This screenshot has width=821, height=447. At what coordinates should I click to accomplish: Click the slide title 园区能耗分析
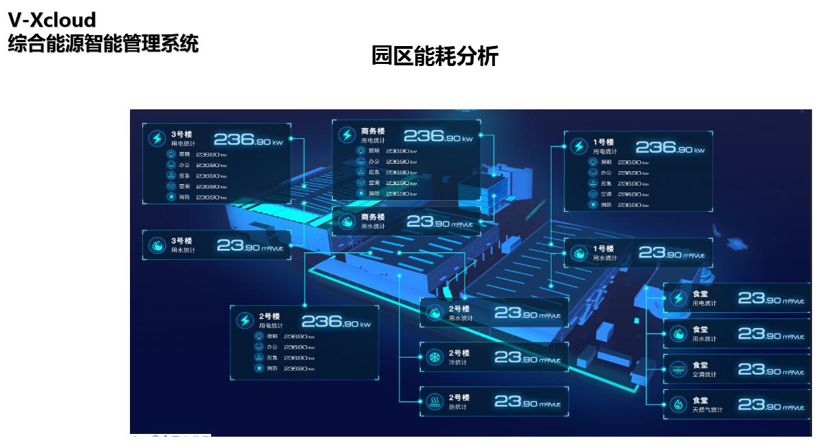tap(435, 56)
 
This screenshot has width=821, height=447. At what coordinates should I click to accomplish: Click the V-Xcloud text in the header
tap(52, 20)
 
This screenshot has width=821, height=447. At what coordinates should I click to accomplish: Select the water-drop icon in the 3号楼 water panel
tap(157, 246)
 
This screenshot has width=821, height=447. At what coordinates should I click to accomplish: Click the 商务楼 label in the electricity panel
tap(373, 131)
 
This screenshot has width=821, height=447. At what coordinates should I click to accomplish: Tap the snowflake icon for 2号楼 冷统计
tap(435, 358)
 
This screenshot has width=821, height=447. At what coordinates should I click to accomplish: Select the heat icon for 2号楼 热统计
tap(435, 401)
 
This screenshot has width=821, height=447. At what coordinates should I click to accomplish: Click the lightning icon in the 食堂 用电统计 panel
tap(678, 298)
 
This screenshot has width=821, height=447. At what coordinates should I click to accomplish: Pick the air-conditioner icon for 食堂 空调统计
tap(678, 369)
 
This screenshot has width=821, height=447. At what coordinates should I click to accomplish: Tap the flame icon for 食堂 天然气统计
tap(678, 404)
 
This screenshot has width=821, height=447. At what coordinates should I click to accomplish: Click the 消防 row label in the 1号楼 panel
tap(606, 204)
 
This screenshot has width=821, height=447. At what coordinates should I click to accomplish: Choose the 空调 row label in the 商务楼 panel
tap(374, 183)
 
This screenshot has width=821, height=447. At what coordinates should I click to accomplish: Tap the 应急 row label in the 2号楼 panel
tap(272, 358)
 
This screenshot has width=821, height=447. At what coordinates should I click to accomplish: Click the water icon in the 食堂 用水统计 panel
tap(678, 334)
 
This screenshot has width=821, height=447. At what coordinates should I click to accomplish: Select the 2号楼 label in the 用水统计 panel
tap(459, 309)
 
